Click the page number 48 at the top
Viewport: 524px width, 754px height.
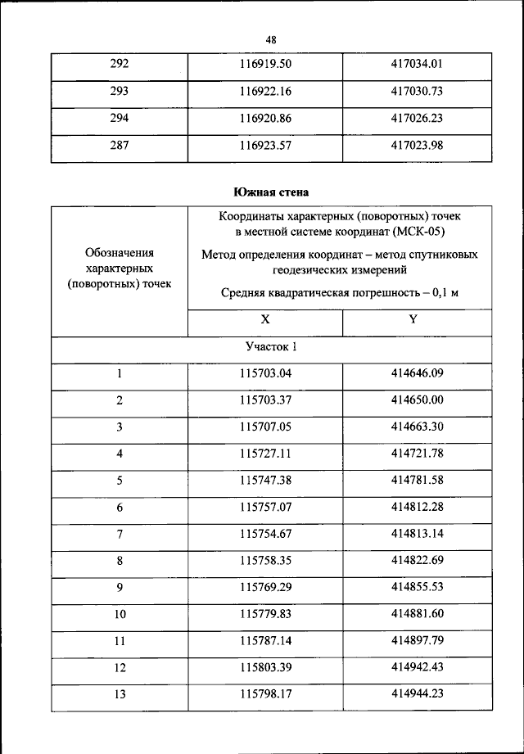tap(271, 39)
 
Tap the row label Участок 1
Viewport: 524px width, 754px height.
tap(271, 347)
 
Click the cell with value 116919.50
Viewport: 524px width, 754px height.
tap(265, 63)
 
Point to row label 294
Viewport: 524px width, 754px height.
tap(120, 118)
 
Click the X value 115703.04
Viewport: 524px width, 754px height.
tap(265, 374)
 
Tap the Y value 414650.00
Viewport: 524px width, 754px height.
tap(417, 400)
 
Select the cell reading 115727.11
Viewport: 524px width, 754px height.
tap(265, 454)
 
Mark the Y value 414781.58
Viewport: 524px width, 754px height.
tap(417, 481)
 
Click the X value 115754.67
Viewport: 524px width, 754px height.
tap(265, 534)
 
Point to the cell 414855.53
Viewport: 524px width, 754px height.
tap(417, 587)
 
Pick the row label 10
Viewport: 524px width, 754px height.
tap(120, 614)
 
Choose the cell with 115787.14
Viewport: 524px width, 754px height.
tap(265, 640)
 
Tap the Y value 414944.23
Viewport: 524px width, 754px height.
tap(417, 693)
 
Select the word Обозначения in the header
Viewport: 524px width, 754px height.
tap(120, 253)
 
